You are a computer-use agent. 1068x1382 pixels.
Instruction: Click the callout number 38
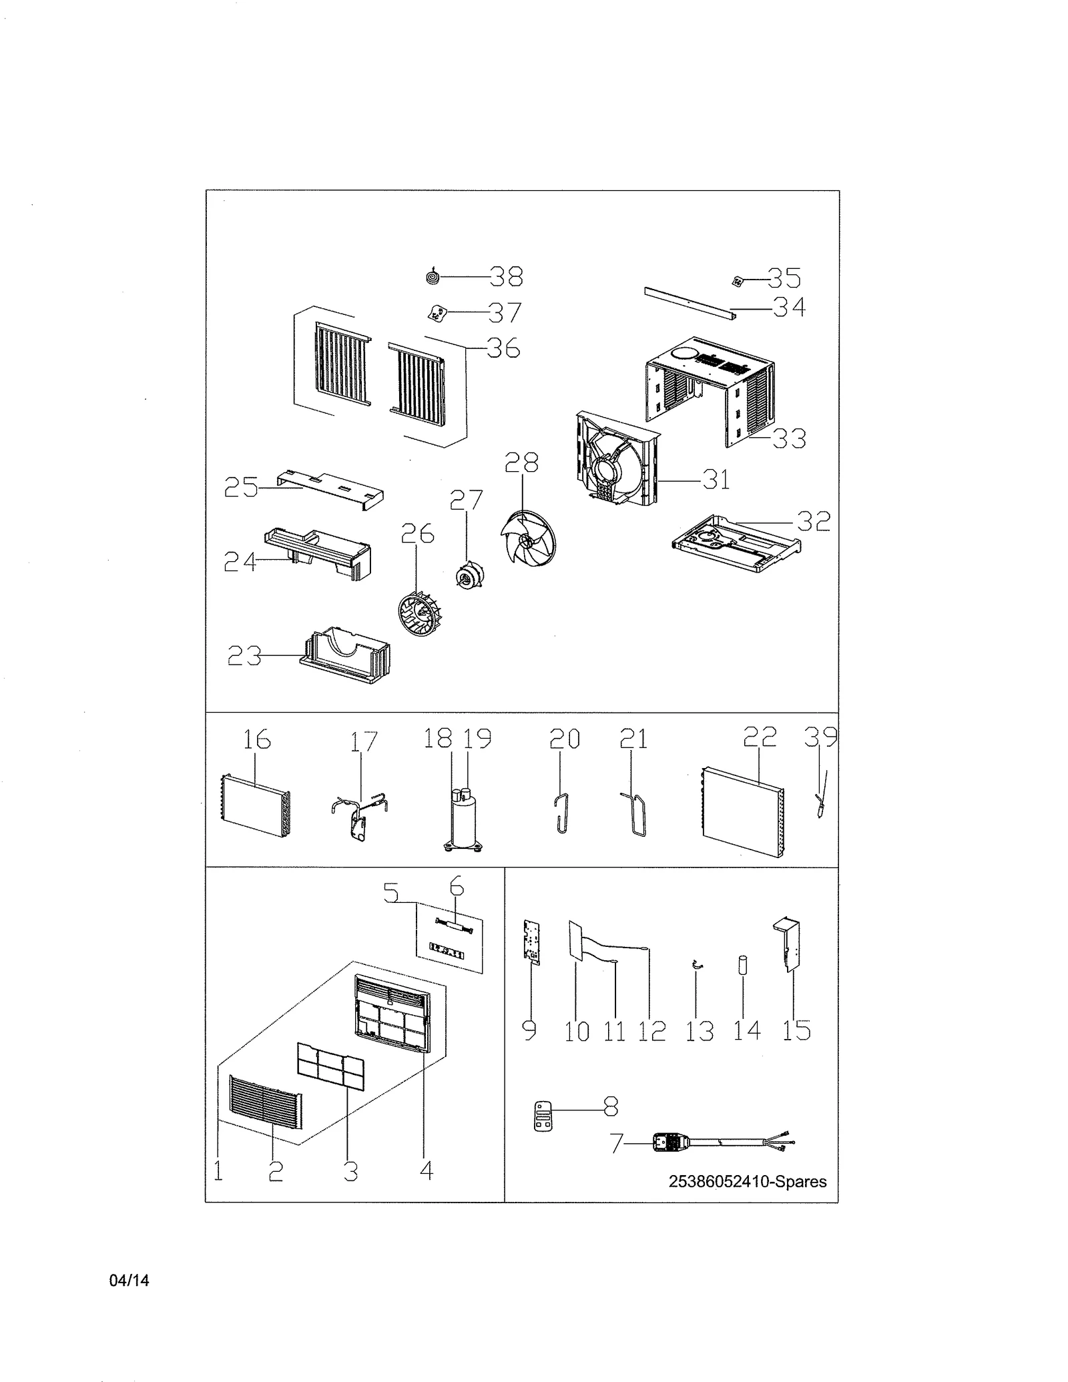(x=506, y=276)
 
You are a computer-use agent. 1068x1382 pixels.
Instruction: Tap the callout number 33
(x=789, y=438)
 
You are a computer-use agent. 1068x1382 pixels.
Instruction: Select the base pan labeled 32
(x=736, y=543)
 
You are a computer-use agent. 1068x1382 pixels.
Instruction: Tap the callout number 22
(x=760, y=737)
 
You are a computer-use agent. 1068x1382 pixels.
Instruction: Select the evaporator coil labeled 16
(x=254, y=806)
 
